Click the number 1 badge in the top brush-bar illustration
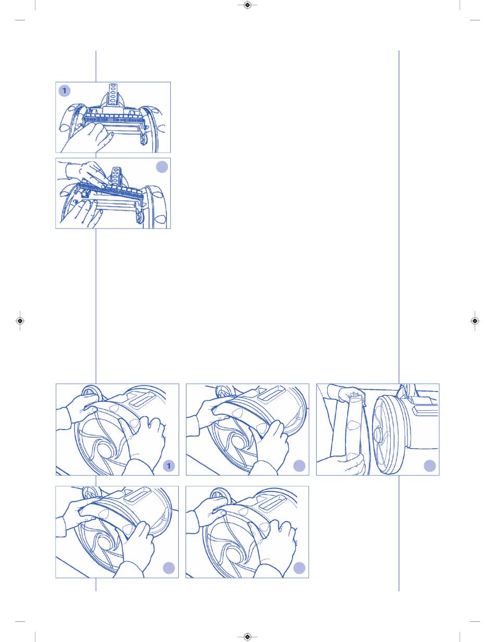[65, 91]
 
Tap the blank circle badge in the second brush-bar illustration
[162, 167]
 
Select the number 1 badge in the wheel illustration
[169, 466]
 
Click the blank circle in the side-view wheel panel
[430, 466]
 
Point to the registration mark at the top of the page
[247, 5]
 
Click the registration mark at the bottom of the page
[247, 636]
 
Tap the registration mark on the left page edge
[20, 321]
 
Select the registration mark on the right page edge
[475, 321]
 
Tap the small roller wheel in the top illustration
[144, 140]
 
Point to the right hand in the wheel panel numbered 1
[142, 440]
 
